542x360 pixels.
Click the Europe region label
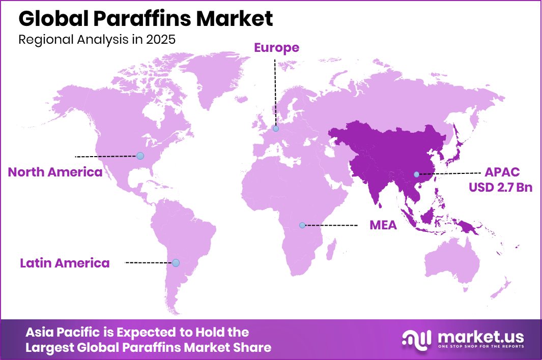276,48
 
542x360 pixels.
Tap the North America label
55,172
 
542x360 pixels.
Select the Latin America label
65,263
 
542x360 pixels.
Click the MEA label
383,225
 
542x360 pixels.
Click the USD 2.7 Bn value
500,188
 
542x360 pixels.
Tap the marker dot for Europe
276,129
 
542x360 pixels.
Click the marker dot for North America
140,156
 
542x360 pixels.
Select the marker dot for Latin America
176,263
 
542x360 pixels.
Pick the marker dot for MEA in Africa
302,225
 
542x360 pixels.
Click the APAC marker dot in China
416,174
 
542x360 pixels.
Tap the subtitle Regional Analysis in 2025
97,40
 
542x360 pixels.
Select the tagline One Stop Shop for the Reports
480,347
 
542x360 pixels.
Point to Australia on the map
452,264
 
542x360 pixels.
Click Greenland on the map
214,76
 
